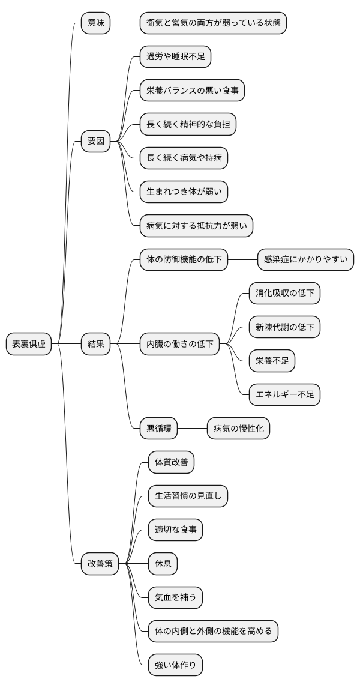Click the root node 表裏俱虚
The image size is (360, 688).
[x=29, y=344]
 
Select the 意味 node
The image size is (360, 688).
[x=96, y=23]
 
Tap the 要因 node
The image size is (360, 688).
[x=96, y=142]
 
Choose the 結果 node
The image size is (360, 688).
[x=96, y=344]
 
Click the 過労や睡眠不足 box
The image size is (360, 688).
[x=175, y=57]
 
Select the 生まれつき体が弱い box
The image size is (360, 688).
[x=184, y=192]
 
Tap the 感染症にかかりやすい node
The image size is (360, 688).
[x=305, y=260]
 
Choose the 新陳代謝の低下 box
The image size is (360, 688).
[x=284, y=327]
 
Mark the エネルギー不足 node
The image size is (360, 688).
[x=284, y=394]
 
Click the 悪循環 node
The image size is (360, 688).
[x=158, y=429]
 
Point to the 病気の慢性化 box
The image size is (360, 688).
[x=238, y=429]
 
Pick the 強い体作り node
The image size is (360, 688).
[x=175, y=665]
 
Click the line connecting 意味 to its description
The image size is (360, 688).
[x=125, y=23]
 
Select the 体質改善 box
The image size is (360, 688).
[x=171, y=462]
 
